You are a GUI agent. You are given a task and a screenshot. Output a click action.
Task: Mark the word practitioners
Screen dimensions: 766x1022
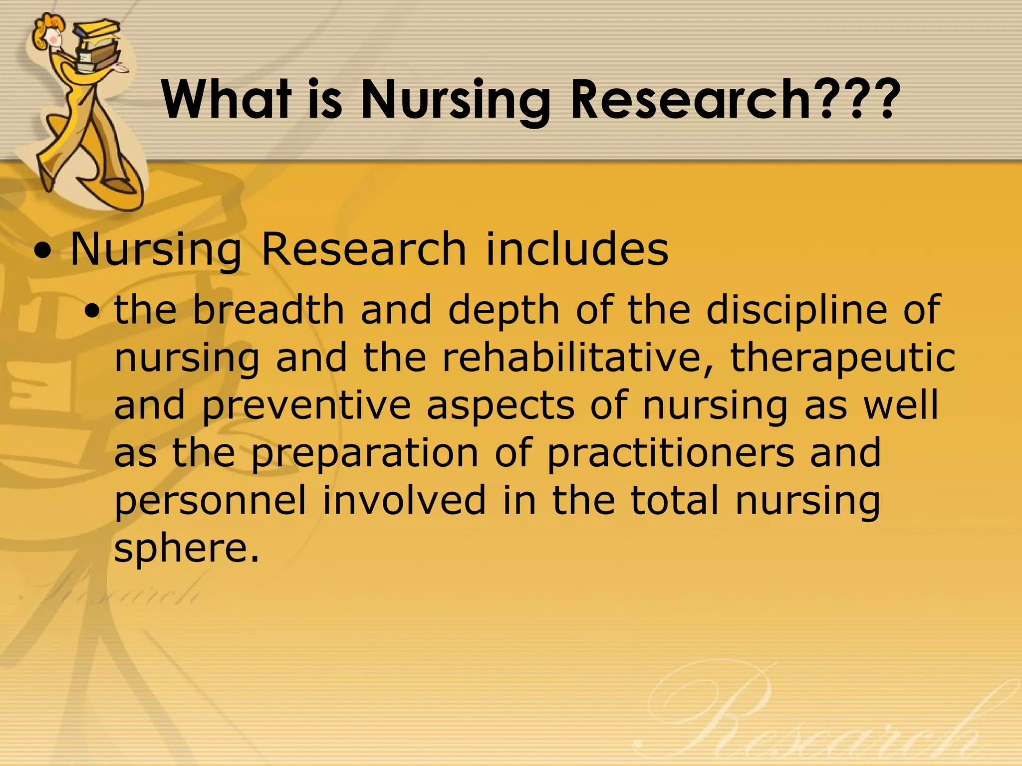pyautogui.click(x=670, y=453)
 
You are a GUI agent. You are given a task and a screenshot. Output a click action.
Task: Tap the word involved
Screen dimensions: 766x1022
pyautogui.click(x=404, y=500)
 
